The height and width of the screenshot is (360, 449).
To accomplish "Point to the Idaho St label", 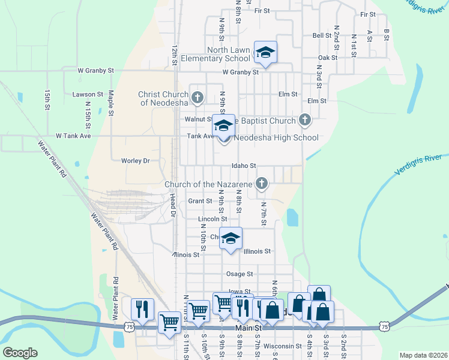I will click(x=244, y=166).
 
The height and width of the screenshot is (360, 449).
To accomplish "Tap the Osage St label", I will click(x=239, y=274).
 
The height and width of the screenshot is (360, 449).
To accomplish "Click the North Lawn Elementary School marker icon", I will click(x=265, y=52).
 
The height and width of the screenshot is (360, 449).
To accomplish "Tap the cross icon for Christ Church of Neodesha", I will click(x=197, y=96).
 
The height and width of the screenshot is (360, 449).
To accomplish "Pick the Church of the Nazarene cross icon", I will click(x=261, y=183).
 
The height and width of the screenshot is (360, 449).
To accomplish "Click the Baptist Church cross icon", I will click(x=305, y=120).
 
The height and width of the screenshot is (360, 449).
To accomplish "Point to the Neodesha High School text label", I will click(x=276, y=138).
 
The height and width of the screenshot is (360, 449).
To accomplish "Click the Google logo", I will click(x=20, y=353).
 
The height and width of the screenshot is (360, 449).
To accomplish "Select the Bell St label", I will click(x=322, y=35).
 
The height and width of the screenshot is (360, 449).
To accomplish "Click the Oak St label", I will click(x=328, y=58).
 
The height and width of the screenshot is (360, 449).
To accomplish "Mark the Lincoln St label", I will click(x=212, y=220).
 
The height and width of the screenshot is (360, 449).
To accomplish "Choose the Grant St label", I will click(x=200, y=201).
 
